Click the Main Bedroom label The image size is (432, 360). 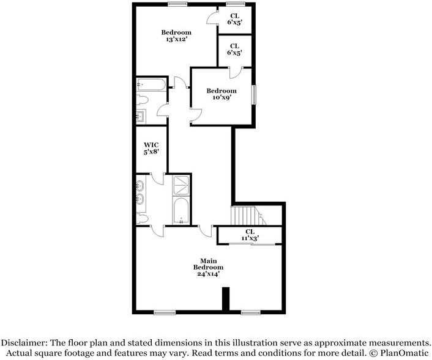[x=208, y=264]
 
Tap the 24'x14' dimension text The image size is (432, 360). [x=208, y=274]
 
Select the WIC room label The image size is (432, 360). [x=151, y=145]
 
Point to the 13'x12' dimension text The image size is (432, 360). [x=176, y=39]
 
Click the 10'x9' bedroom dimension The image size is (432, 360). [x=222, y=97]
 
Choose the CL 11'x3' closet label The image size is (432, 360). [x=250, y=235]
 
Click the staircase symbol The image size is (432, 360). [x=248, y=216]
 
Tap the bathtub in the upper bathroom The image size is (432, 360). [x=152, y=84]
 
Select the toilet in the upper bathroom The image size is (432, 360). [x=142, y=100]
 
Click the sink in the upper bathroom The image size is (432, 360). [x=141, y=117]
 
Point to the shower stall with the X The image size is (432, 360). [x=181, y=185]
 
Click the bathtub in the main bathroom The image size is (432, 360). [x=181, y=210]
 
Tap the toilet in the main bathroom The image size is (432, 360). [x=142, y=219]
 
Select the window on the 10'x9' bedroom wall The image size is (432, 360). [x=254, y=95]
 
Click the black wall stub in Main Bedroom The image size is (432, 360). [x=226, y=299]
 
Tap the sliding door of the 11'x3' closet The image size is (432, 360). [x=252, y=244]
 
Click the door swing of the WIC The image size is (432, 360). [x=158, y=179]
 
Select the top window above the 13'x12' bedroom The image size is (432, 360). [x=177, y=4]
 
